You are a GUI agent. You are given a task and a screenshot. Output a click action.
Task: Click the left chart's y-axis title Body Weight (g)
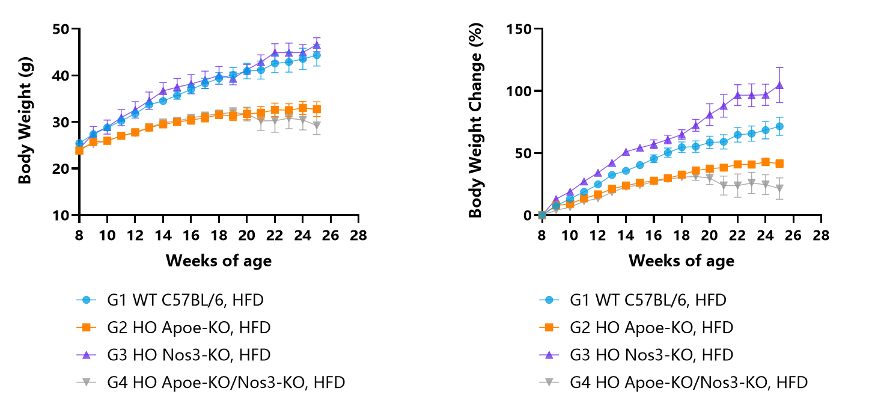(x=25, y=121)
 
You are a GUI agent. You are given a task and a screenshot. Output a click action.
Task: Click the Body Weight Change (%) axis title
(x=475, y=120)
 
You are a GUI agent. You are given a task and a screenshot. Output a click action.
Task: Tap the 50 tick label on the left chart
(x=61, y=29)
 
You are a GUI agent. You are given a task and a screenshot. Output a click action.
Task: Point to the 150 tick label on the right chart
(x=519, y=29)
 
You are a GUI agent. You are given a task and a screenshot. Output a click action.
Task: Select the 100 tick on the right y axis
(x=519, y=91)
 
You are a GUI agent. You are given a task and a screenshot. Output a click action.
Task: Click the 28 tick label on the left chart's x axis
(x=359, y=235)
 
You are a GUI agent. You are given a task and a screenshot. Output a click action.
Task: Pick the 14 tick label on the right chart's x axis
(x=626, y=235)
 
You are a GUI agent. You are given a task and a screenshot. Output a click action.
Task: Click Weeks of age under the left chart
(x=219, y=260)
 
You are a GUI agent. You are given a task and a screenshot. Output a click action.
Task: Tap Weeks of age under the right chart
(x=681, y=260)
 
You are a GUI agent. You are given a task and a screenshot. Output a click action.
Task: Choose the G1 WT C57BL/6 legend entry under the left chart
(x=171, y=300)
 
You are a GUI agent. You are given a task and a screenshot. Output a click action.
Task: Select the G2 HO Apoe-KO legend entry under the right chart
(x=636, y=327)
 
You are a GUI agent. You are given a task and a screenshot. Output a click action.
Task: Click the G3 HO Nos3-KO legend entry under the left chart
(x=174, y=354)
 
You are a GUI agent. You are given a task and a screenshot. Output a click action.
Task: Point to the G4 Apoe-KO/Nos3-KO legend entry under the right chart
(x=674, y=382)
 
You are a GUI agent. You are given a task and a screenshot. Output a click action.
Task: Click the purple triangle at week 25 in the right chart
(x=779, y=85)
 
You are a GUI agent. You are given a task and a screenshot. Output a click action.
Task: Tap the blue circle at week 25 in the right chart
(x=779, y=126)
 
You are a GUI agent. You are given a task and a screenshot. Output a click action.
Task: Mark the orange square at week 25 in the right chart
(x=779, y=164)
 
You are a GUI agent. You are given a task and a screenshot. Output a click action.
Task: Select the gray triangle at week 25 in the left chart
(x=317, y=126)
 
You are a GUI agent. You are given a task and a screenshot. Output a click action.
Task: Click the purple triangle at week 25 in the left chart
(x=317, y=45)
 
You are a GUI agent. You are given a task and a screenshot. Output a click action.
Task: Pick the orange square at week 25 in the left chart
(x=317, y=109)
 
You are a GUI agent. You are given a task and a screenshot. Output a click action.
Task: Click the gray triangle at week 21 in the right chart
(x=724, y=186)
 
